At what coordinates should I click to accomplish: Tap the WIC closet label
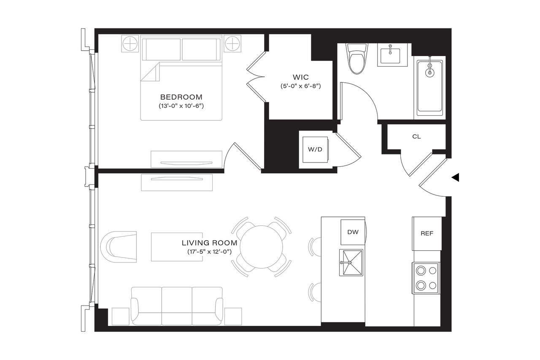(300, 77)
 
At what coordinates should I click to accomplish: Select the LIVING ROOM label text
(209, 243)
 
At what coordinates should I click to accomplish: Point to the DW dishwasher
(352, 232)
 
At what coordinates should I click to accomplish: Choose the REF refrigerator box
(427, 233)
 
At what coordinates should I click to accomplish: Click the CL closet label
(416, 137)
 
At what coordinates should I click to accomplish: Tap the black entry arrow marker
(455, 178)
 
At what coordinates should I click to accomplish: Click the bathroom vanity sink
(392, 55)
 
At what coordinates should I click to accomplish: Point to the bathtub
(430, 87)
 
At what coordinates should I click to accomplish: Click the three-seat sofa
(177, 306)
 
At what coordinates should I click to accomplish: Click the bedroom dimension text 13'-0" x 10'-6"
(178, 106)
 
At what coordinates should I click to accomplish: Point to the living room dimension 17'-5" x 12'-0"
(210, 252)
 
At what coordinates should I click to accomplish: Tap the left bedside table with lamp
(130, 43)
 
